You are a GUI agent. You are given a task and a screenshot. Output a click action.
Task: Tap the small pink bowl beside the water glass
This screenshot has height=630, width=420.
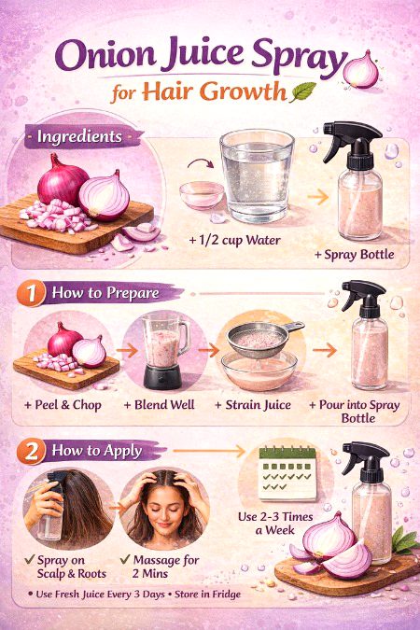pyautogui.click(x=201, y=194)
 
